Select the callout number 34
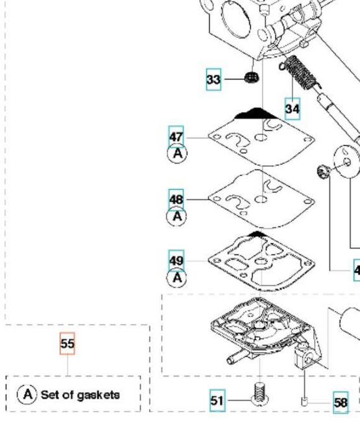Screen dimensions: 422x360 pyautogui.click(x=293, y=109)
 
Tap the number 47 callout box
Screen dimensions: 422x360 pyautogui.click(x=176, y=137)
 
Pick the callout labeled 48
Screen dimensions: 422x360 pyautogui.click(x=176, y=199)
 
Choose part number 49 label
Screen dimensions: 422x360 pyautogui.click(x=176, y=261)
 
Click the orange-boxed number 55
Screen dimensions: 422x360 pyautogui.click(x=67, y=344)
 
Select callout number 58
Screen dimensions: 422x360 pyautogui.click(x=341, y=403)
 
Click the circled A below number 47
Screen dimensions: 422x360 pyautogui.click(x=176, y=154)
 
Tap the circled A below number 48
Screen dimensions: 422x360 pyautogui.click(x=176, y=216)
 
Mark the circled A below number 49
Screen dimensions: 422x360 pyautogui.click(x=176, y=278)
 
